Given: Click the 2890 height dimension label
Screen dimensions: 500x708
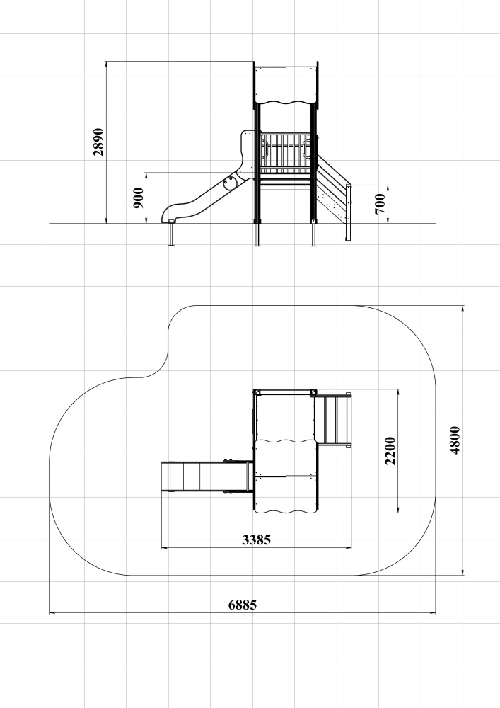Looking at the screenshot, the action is click(98, 142).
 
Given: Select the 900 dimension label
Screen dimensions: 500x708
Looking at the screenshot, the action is click(139, 198).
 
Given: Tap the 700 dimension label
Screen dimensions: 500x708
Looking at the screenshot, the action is click(380, 204).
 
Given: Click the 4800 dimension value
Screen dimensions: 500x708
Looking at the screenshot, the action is click(455, 440).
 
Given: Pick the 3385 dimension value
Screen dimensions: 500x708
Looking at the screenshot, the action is click(257, 539).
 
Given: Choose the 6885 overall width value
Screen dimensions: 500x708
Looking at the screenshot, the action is click(243, 605).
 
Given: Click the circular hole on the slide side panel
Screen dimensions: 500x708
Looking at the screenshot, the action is click(230, 183).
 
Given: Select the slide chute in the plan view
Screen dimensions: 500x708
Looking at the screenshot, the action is click(207, 476).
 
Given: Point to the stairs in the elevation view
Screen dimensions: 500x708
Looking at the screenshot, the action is click(334, 190).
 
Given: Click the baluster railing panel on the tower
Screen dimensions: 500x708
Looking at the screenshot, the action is click(286, 153).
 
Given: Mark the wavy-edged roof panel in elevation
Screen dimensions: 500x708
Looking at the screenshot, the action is click(286, 85).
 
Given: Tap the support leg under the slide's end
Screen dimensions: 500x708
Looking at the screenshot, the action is click(171, 234).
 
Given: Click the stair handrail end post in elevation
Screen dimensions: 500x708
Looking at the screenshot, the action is click(348, 212).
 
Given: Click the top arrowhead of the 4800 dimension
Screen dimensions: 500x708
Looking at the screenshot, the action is click(463, 309).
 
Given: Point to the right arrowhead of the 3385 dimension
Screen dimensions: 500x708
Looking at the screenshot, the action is click(349, 548).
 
